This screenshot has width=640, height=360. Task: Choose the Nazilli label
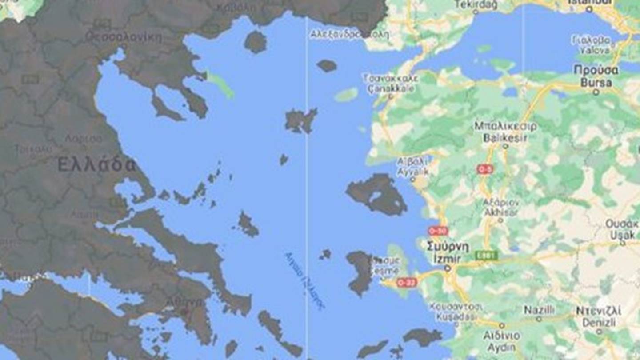coord(539,310)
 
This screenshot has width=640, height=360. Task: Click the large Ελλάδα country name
coord(96,165)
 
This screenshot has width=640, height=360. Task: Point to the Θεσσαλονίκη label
coord(124,37)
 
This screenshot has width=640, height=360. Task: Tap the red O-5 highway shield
coord(484,169)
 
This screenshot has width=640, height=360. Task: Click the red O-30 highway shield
coord(438,231)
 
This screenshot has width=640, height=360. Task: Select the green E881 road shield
coord(486,255)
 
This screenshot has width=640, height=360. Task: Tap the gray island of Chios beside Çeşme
coord(360,272)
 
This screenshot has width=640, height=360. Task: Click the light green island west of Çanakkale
coord(346,94)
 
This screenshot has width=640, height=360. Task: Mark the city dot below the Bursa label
coord(596,92)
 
